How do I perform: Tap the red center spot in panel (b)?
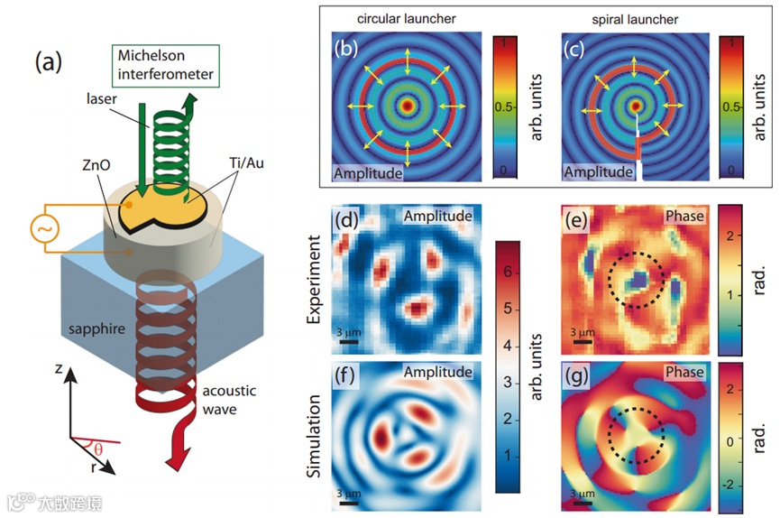pyautogui.click(x=408, y=106)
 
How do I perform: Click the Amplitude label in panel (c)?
pyautogui.click(x=597, y=171)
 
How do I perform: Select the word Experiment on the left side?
pyautogui.click(x=314, y=282)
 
